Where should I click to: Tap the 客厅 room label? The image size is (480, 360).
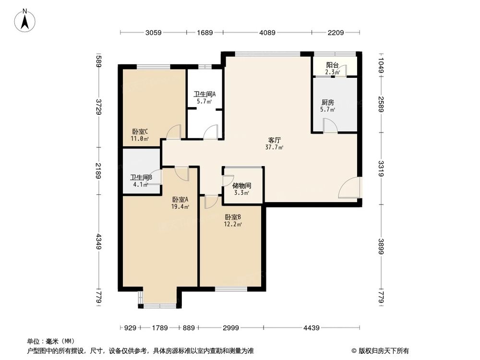click(275, 141)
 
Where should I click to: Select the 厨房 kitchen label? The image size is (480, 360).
click(327, 102)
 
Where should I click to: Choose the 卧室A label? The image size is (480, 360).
click(180, 200)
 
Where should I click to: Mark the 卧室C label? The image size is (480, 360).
click(140, 132)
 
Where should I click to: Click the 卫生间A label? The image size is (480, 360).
click(204, 95)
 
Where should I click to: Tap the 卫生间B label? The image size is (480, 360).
click(141, 177)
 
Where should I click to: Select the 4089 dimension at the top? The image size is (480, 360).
click(267, 33)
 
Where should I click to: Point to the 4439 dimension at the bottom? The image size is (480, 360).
click(312, 328)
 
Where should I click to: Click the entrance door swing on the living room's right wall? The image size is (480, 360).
click(349, 188)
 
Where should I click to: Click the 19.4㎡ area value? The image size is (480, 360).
click(180, 207)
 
